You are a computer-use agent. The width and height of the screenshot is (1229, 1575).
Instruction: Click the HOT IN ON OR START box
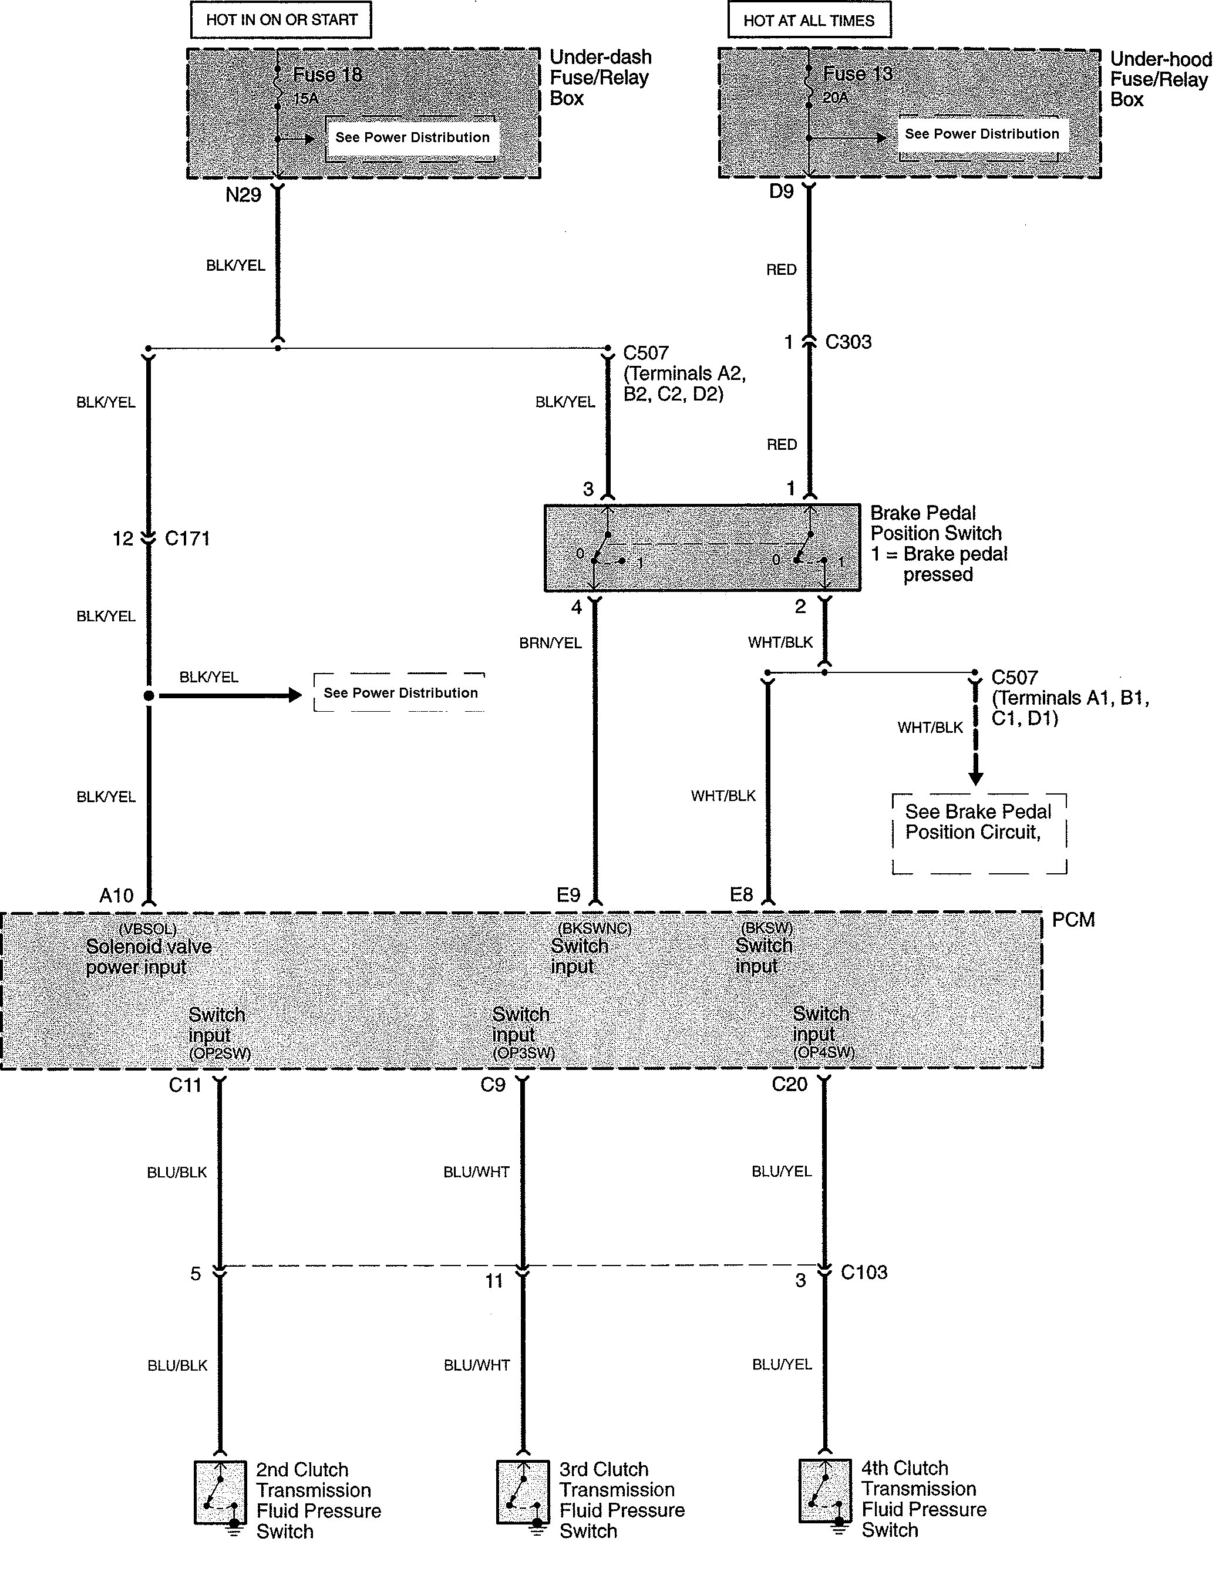pos(281,20)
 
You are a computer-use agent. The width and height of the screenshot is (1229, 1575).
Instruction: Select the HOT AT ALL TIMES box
pos(809,20)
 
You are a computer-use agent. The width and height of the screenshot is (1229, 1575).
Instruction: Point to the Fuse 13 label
pos(857,74)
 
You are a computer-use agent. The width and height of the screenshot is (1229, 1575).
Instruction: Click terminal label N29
pos(243,196)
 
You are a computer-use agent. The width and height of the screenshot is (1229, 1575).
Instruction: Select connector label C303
pos(848,342)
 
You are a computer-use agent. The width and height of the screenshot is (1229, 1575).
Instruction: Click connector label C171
pos(187,539)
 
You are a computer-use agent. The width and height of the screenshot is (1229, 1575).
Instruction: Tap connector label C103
pos(864,1272)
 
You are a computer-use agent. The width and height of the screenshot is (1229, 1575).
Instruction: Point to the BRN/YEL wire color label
pos(550,642)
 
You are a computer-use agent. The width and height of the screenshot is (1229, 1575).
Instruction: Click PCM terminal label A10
pos(116,896)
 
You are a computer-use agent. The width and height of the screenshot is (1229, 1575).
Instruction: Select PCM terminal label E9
pos(568,895)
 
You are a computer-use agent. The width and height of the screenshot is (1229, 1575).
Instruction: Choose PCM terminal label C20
pos(789,1085)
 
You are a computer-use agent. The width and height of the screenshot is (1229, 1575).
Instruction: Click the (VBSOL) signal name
pos(148,930)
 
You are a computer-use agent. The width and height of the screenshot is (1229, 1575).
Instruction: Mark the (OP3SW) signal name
pos(524,1053)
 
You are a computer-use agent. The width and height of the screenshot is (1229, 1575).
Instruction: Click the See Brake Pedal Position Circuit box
pos(979,834)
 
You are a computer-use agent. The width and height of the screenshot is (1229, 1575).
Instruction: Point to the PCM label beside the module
pos(1074,920)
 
